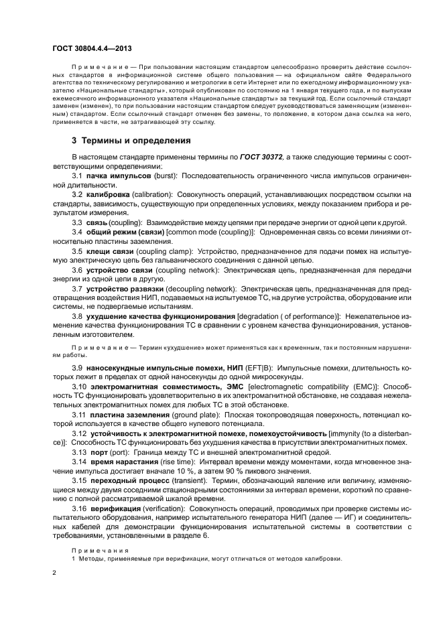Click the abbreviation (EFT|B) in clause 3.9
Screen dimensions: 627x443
point(239,368)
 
